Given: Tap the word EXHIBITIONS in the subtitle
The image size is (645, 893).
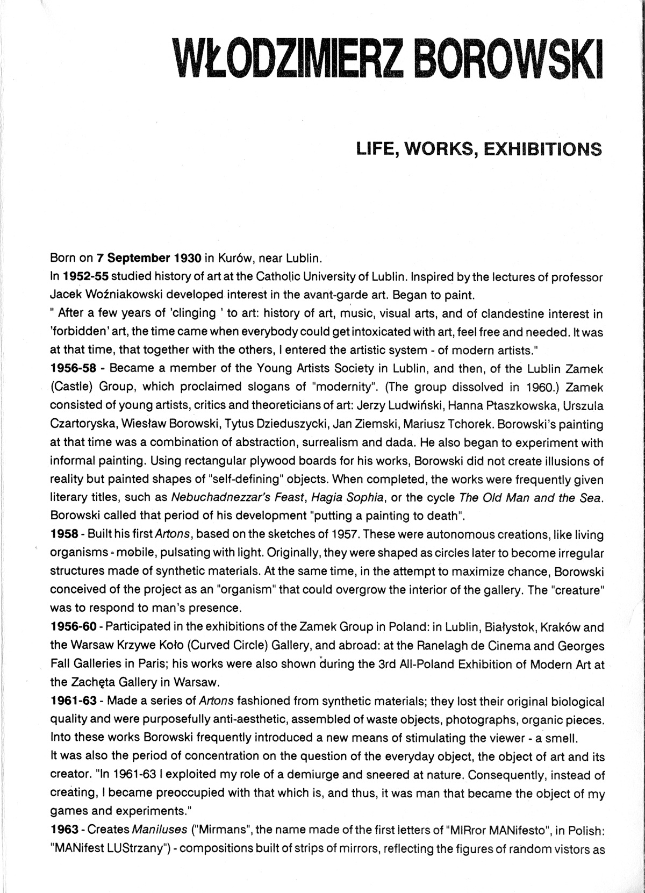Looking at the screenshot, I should pyautogui.click(x=543, y=148).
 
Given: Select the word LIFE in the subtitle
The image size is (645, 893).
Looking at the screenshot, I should pyautogui.click(x=374, y=148).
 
